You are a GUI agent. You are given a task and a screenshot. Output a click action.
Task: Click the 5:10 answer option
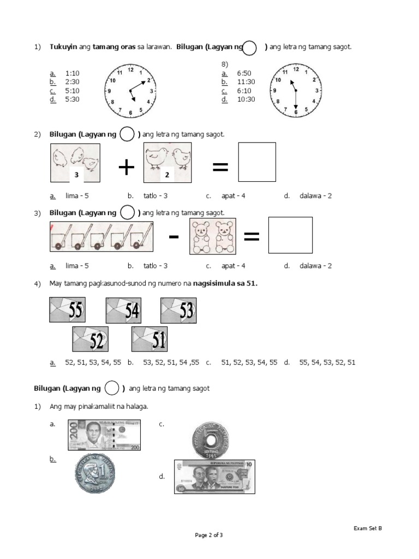point(72,91)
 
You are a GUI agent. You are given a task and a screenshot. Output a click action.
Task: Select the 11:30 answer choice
point(246,82)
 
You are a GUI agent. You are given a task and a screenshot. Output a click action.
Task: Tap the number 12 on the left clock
point(130,69)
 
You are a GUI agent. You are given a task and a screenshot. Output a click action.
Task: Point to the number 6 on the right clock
point(296,112)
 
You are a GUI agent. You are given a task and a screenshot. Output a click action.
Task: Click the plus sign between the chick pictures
point(126,168)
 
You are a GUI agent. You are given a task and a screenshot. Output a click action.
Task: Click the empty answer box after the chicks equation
point(257,162)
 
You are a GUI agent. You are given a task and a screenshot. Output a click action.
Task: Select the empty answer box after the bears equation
point(291,236)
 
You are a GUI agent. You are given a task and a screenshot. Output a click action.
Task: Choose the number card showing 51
point(149,340)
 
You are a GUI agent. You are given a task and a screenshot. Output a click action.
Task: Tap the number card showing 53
point(178,310)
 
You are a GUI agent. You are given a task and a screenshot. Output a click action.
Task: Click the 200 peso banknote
point(104,435)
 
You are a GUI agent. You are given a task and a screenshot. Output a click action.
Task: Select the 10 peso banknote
point(214,477)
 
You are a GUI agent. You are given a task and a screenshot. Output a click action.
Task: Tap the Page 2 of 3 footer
point(209,536)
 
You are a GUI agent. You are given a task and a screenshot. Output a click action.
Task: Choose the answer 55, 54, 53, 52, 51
point(327,362)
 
